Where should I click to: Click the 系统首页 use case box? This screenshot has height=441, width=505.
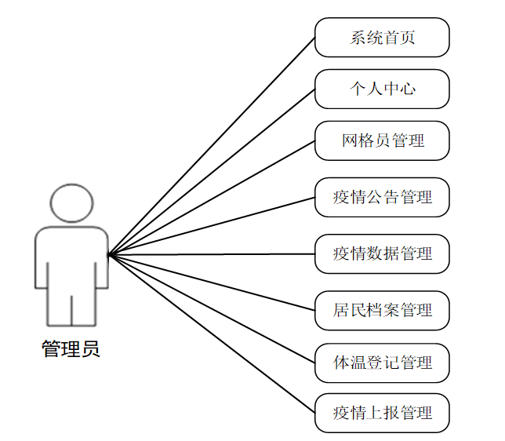pos(382,38)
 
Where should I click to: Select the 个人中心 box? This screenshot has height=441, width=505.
pos(382,89)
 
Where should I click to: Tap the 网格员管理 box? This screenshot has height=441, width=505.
pos(382,140)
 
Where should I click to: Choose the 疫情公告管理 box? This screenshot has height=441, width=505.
pos(382,197)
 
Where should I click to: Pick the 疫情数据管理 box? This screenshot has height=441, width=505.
pos(382,253)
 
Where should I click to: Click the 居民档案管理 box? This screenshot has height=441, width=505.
pos(382,310)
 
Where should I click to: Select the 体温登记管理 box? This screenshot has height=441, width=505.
pos(382,363)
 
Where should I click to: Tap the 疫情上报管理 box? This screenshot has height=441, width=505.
pos(382,413)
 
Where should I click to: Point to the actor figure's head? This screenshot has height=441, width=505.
pos(71,203)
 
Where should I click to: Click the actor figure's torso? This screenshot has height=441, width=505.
pos(71,259)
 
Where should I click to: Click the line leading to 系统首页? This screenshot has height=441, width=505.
pos(212,146)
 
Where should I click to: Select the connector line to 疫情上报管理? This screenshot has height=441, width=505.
pos(212,333)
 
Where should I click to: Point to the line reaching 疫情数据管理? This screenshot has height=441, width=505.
pos(212,254)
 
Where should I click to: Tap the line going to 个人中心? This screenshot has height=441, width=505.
pos(212,172)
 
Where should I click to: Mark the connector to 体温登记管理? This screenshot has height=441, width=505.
pos(212,308)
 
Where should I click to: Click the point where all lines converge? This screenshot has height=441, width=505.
pos(109,254)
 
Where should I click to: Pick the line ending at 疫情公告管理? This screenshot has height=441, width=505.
pos(212,226)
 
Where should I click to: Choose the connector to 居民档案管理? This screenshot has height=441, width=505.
pos(212,282)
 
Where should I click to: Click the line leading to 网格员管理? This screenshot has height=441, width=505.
pos(212,198)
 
